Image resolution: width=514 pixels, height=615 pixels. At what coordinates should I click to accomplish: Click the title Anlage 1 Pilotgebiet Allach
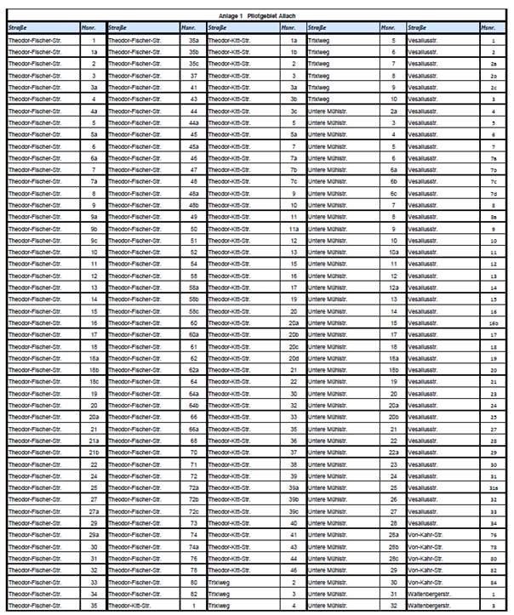[x=254, y=16]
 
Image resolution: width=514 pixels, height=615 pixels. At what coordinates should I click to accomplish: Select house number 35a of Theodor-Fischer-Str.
[x=194, y=40]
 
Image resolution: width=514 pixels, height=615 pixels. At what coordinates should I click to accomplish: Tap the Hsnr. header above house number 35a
[x=189, y=28]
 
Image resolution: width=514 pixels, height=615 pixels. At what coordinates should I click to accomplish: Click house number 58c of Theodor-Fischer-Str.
[x=194, y=311]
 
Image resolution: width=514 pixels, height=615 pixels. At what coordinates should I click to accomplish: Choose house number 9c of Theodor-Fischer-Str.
[x=94, y=240]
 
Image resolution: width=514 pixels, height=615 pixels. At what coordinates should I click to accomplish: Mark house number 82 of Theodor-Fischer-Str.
[x=194, y=594]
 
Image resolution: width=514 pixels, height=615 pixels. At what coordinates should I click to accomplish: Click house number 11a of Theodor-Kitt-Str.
[x=294, y=229]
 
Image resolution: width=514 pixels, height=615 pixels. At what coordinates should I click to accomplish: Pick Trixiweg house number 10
[x=393, y=99]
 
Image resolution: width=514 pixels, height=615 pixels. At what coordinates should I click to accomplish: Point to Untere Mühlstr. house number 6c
[x=393, y=193]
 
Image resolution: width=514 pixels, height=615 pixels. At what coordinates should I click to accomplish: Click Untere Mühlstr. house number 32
[x=393, y=606]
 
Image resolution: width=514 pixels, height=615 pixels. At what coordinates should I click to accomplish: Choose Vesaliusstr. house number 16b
[x=493, y=323]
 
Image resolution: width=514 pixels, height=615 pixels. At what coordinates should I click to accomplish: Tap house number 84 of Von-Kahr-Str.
[x=493, y=582]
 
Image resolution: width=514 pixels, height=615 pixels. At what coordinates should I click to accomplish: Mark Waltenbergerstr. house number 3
[x=493, y=606]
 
